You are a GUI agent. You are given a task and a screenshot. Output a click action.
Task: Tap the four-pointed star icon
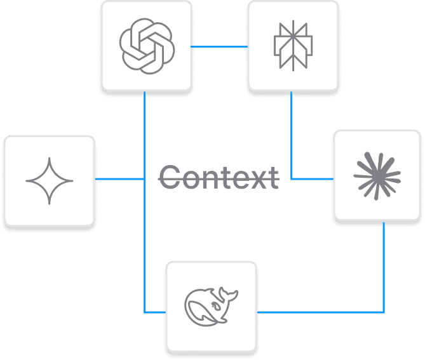tap(50, 180)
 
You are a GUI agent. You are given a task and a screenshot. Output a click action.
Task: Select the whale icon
tap(210, 306)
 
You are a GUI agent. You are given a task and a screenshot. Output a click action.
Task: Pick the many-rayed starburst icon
tap(377, 175)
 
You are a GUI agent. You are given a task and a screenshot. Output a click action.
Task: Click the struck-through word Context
tap(219, 177)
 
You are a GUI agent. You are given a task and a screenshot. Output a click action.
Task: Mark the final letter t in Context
tap(273, 177)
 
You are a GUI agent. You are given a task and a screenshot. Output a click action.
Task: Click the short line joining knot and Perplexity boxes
tap(219, 46)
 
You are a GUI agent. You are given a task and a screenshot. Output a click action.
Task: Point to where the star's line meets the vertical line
tap(145, 180)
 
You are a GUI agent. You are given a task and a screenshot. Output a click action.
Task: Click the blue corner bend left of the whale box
tap(145, 312)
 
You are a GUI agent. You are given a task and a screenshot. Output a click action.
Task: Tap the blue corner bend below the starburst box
tap(384, 312)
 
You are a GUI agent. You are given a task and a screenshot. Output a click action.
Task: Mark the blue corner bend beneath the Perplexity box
tap(292, 179)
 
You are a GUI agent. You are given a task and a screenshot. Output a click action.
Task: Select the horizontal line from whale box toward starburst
tap(320, 312)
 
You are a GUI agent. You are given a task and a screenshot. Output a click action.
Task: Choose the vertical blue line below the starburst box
tap(384, 267)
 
